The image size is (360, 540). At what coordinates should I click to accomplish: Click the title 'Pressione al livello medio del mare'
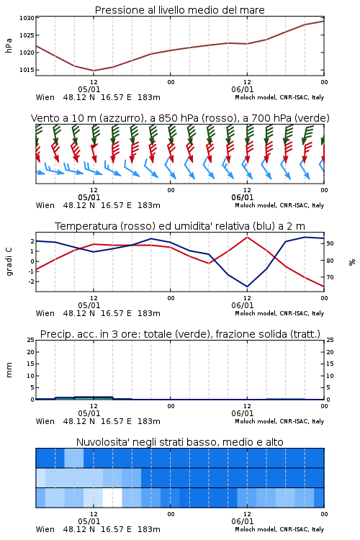point(179,10)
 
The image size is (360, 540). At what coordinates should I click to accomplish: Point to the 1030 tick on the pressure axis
point(27,18)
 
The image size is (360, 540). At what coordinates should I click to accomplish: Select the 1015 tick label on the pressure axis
point(27,70)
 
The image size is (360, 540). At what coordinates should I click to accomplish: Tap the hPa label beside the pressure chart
point(9,45)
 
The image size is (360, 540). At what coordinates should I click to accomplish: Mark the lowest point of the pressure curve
point(94,71)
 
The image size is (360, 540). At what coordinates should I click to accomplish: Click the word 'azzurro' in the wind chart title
point(122,118)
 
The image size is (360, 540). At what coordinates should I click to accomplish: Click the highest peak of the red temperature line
point(247,237)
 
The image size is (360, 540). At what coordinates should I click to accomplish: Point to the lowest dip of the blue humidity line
point(247,286)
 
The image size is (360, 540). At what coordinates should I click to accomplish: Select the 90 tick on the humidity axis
point(330,243)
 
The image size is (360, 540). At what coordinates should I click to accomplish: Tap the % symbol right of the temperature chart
point(352,262)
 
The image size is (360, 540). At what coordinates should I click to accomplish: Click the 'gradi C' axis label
point(9,261)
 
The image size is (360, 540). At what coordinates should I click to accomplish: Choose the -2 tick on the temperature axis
point(31,282)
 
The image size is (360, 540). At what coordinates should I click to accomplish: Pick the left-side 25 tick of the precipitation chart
point(31,340)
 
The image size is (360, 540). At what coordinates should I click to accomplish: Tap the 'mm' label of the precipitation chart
point(9,370)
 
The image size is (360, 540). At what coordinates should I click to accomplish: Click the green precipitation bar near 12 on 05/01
point(94,397)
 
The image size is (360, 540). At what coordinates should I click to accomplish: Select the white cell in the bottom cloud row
point(112,498)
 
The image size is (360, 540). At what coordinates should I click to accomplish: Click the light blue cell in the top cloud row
point(74,458)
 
